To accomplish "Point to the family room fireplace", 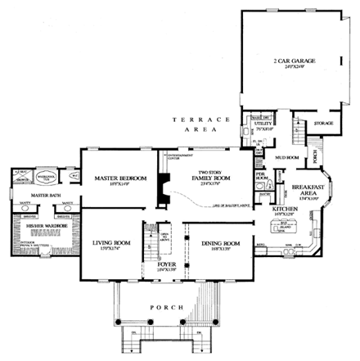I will (x=163, y=195).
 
